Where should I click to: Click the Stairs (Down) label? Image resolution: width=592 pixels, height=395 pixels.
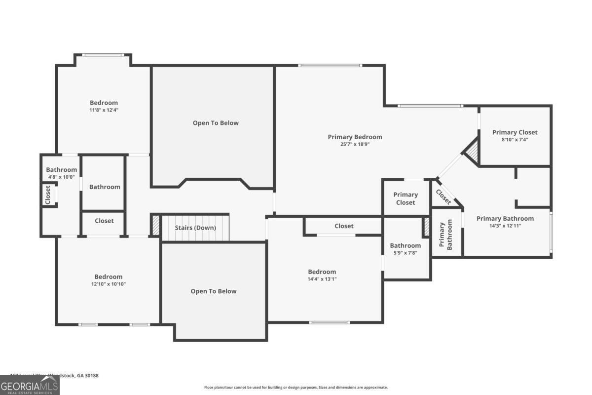[x=195, y=228]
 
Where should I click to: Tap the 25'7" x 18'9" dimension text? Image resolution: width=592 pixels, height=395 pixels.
[x=355, y=145]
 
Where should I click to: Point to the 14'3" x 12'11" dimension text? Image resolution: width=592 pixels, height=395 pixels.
[x=505, y=226]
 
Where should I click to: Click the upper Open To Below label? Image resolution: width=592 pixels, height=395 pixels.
[x=215, y=123]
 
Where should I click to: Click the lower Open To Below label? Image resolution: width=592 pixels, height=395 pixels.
[x=214, y=291]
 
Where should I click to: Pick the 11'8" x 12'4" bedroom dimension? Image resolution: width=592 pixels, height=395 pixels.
[x=104, y=110]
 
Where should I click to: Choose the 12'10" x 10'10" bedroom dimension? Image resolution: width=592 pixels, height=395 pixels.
[x=108, y=284]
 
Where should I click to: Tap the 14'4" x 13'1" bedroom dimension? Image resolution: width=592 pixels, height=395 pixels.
[x=322, y=279]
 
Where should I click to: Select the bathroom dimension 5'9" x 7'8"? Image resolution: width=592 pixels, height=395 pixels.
[x=405, y=253]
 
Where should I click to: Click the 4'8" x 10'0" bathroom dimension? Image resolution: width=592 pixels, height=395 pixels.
[x=61, y=177]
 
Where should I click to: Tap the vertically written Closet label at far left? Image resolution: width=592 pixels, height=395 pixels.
[x=48, y=194]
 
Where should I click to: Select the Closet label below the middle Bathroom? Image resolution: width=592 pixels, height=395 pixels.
[x=104, y=221]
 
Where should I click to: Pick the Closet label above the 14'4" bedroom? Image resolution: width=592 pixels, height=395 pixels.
[x=344, y=226]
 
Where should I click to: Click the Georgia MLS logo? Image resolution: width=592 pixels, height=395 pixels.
[x=30, y=385]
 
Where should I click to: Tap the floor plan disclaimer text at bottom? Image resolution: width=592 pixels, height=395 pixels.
[x=296, y=388]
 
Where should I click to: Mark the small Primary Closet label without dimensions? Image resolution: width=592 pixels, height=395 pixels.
[x=406, y=198]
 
